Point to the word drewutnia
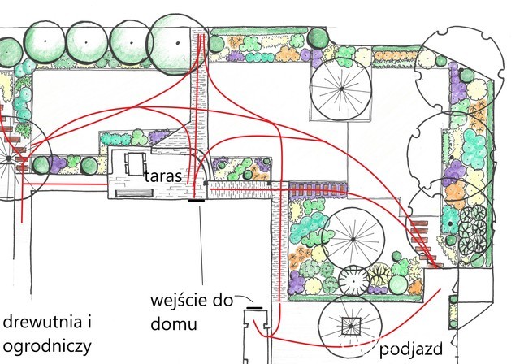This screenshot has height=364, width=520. coord(43,322)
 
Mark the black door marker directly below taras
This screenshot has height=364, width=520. coord(194,198)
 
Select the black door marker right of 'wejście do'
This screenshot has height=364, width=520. coord(254,309)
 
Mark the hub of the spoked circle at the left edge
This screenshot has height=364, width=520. coord(14,162)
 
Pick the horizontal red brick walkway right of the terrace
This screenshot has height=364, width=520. coord(240,187)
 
